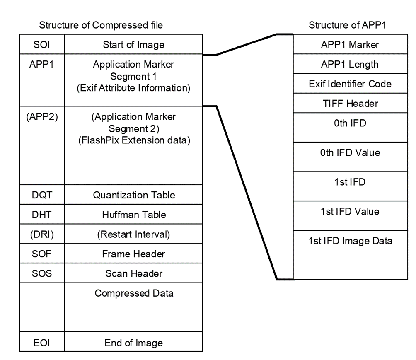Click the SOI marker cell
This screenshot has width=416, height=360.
point(42,44)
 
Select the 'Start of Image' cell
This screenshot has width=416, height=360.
point(133,44)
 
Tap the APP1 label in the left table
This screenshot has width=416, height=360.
point(42,65)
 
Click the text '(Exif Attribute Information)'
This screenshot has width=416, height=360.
point(133,89)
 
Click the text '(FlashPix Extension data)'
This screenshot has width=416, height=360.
point(133,140)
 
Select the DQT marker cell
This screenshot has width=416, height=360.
point(42,194)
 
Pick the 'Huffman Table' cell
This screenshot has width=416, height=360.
point(133,215)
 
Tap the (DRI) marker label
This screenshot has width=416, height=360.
point(42,234)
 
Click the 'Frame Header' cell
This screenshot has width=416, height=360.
point(133,254)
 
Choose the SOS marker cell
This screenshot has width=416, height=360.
point(42,273)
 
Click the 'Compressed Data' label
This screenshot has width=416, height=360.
point(133,293)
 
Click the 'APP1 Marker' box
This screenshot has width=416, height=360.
point(350,45)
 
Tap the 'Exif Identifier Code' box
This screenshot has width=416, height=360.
point(350,85)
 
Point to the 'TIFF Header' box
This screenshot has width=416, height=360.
point(350,104)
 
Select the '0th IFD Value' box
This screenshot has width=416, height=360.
point(350,152)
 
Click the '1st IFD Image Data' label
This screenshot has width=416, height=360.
point(350,242)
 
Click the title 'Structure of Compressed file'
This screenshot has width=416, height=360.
point(101,25)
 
